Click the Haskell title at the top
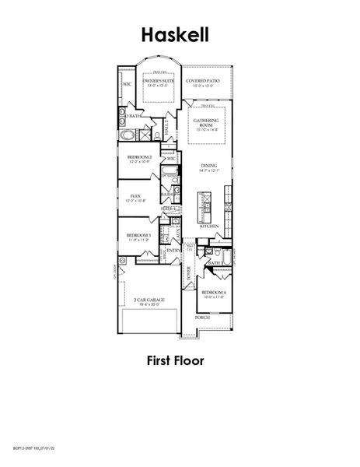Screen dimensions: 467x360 tap(175, 34)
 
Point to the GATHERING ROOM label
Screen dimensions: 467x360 tap(206, 124)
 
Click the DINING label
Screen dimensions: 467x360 tap(209, 166)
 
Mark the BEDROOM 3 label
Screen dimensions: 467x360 tap(138, 236)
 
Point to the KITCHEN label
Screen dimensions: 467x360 tap(209, 226)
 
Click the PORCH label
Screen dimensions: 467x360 tap(202, 318)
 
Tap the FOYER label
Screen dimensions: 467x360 tap(189, 272)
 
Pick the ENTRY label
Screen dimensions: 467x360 tap(173, 251)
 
